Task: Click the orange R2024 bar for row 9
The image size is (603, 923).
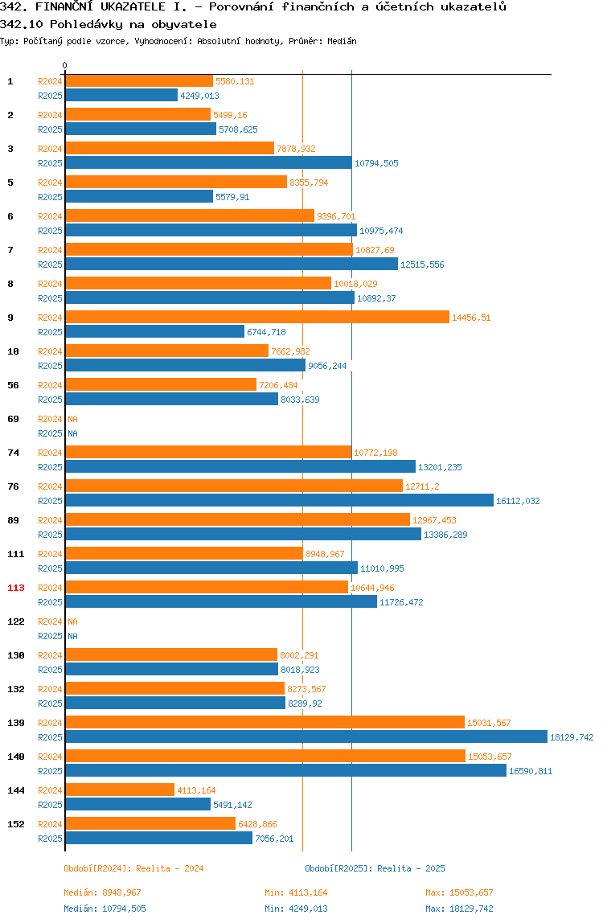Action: tap(257, 318)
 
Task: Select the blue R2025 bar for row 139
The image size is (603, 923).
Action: tap(307, 737)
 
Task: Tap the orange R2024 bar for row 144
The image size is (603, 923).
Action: tap(120, 790)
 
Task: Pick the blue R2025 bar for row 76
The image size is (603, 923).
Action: tap(280, 500)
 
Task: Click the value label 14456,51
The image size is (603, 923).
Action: tap(471, 318)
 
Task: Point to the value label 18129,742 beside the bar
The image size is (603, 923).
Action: tap(572, 737)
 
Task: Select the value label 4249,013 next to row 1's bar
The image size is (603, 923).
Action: tap(199, 96)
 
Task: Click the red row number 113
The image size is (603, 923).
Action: tap(16, 588)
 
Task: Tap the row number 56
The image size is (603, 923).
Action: tap(13, 386)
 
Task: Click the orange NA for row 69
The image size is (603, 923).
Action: tap(72, 419)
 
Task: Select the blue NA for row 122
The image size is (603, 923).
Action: tap(72, 636)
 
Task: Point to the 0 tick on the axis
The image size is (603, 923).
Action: tap(65, 65)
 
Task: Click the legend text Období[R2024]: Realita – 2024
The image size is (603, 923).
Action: tap(133, 869)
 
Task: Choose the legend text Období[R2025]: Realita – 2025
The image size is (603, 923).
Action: tap(375, 869)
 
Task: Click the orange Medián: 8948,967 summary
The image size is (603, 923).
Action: tap(102, 893)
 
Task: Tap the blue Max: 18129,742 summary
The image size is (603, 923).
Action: tap(459, 909)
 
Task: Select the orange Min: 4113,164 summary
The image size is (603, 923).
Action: tap(296, 893)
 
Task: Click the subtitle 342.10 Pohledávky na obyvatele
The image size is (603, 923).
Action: tap(109, 25)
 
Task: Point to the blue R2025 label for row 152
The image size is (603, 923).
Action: tap(50, 839)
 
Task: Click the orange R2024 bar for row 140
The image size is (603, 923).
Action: tap(265, 756)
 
